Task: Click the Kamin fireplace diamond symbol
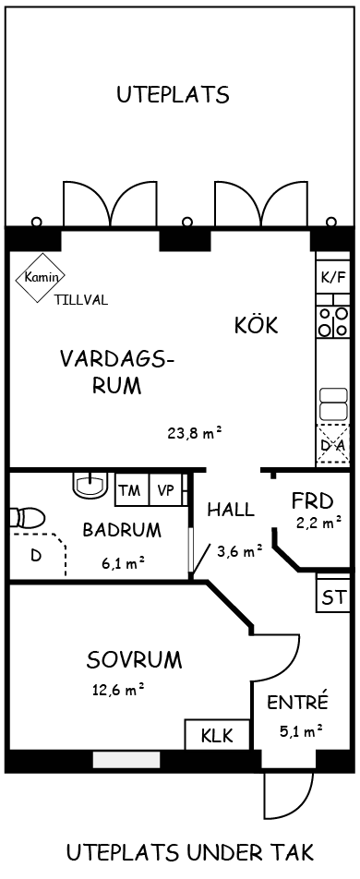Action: coord(41,277)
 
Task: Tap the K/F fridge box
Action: coord(332,277)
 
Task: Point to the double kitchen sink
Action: coord(332,404)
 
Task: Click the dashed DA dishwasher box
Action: coord(332,444)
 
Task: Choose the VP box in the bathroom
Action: coord(165,489)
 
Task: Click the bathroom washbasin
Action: coord(90,485)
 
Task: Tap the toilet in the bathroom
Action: coord(28,518)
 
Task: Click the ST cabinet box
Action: coord(333,598)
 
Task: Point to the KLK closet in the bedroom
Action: coord(217,734)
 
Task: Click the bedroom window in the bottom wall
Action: coord(126,760)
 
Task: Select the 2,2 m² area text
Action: coord(319,524)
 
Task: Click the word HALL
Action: coord(231,510)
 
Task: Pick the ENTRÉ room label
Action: coord(297,702)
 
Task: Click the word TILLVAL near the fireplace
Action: coord(81,300)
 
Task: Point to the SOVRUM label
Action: coord(135,660)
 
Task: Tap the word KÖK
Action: coord(256,324)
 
